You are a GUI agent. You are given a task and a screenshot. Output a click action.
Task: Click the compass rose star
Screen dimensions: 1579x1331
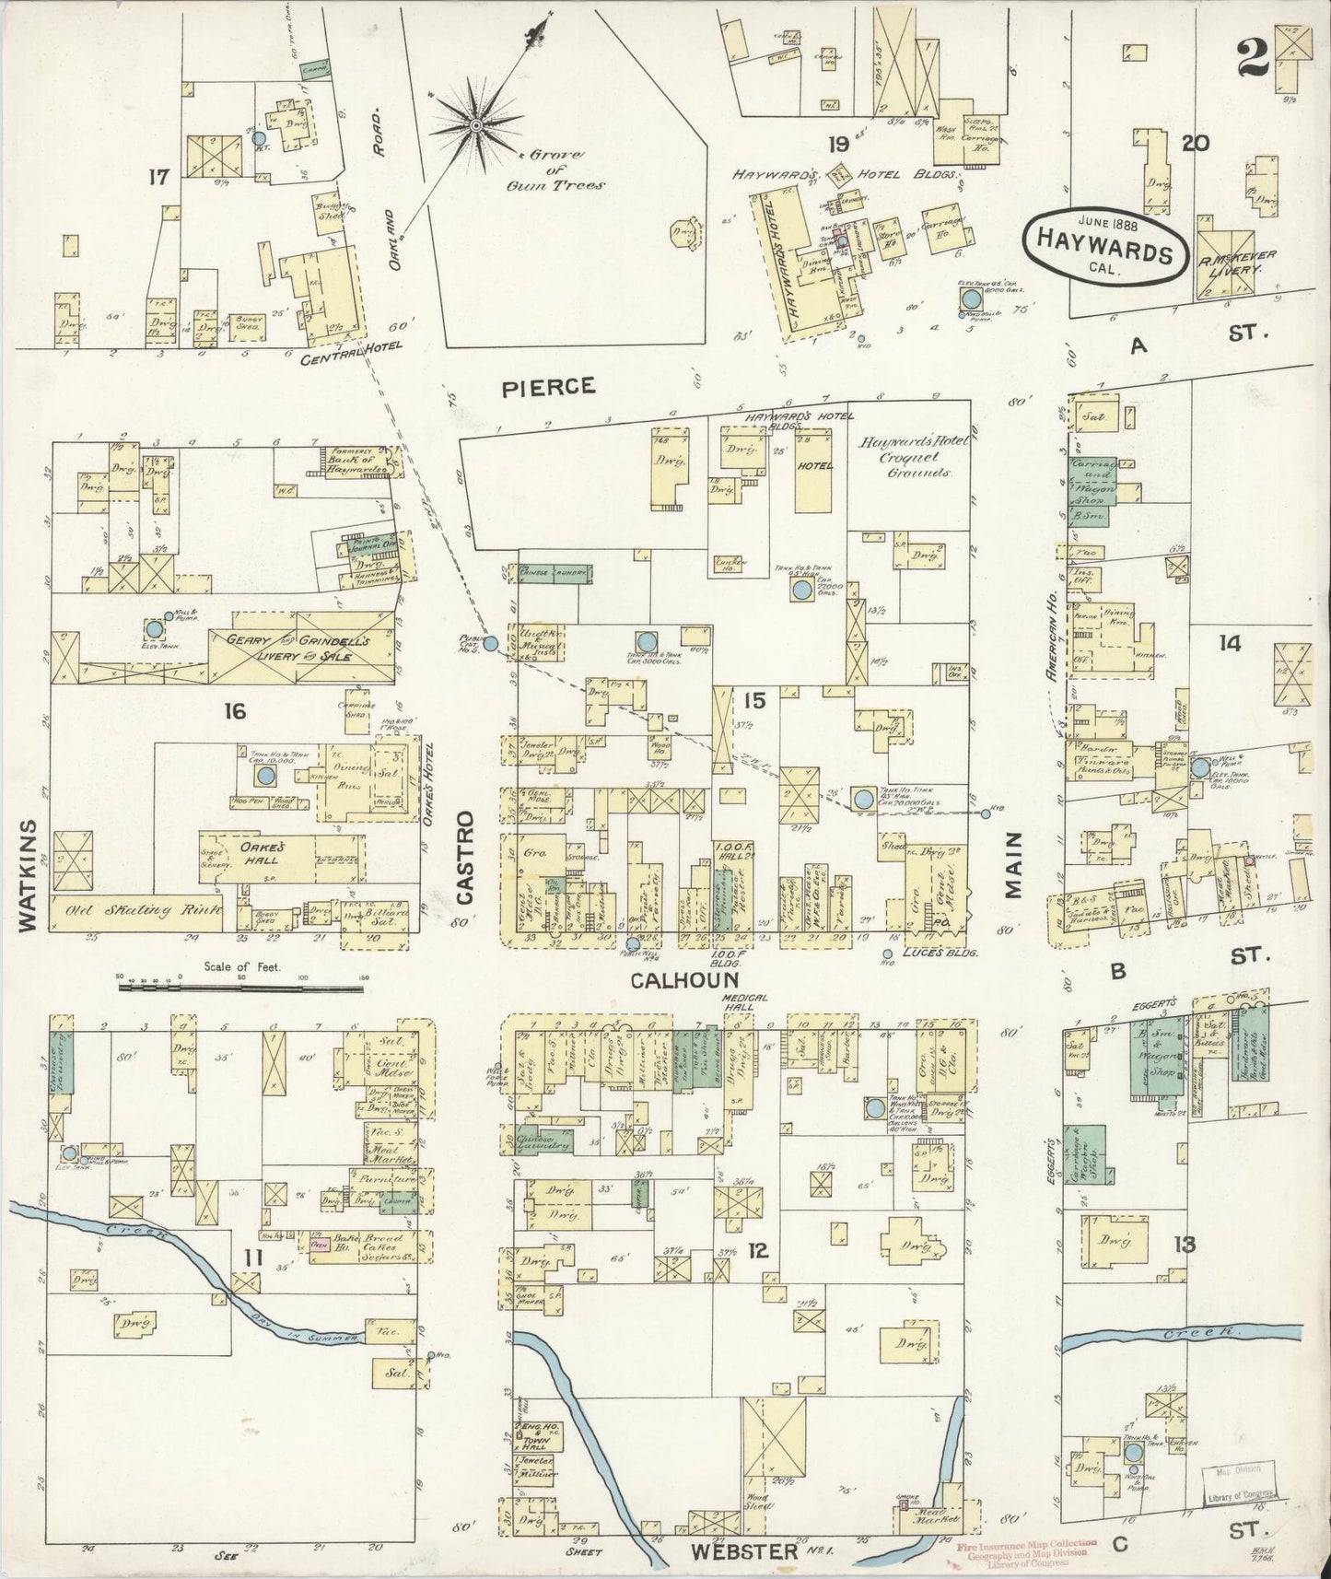tap(475, 123)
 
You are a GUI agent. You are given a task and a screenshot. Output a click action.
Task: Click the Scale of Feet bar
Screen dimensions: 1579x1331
tap(240, 987)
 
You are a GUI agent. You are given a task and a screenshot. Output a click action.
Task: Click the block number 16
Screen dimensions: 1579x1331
tap(235, 710)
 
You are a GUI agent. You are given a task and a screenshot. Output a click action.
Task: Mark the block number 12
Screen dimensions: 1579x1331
tap(758, 1250)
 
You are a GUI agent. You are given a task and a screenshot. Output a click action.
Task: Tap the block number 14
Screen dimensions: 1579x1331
tap(1229, 643)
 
